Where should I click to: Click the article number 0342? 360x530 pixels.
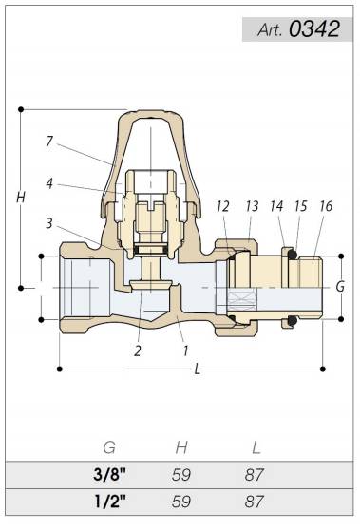(x=314, y=28)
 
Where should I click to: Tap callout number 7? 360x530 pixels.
(x=49, y=142)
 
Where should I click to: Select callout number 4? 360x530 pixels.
(x=49, y=183)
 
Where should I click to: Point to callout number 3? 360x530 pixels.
(x=49, y=223)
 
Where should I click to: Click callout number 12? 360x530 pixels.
(x=223, y=206)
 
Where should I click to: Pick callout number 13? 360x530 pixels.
(x=252, y=206)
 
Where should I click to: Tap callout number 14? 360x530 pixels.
(x=276, y=206)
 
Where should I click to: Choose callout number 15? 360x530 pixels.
(x=300, y=206)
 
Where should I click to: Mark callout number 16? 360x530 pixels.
(x=326, y=206)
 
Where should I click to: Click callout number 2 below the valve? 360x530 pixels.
(x=137, y=350)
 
